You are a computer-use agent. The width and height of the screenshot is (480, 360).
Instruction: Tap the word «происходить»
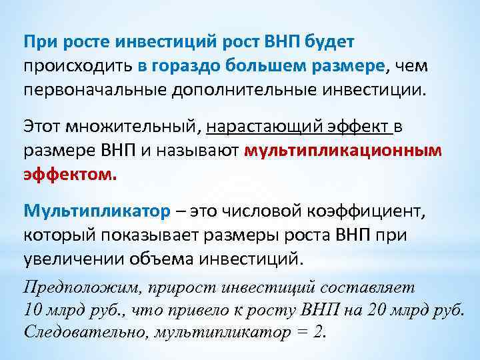(79, 65)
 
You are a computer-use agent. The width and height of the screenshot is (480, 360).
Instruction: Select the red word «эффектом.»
(70, 175)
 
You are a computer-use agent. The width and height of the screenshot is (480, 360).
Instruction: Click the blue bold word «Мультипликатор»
(97, 211)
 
